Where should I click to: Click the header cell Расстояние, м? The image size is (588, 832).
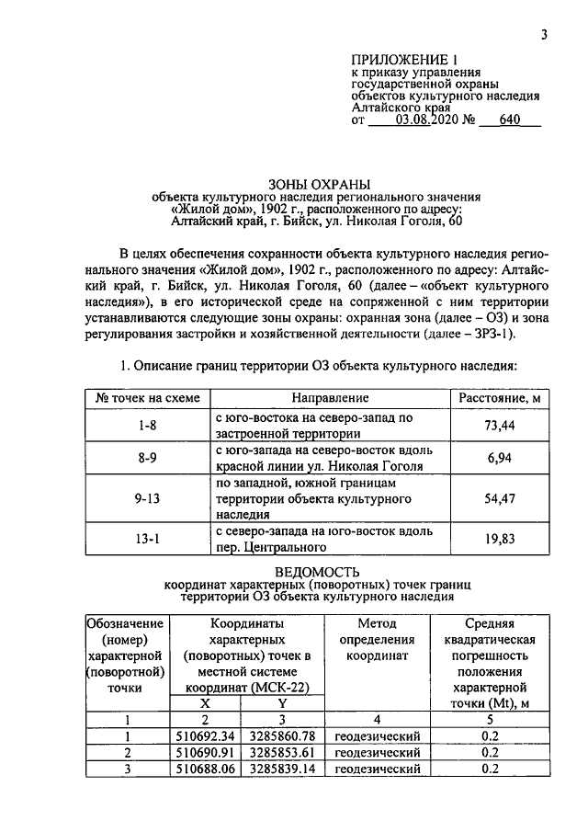pos(498,398)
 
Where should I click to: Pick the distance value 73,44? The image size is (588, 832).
pos(498,425)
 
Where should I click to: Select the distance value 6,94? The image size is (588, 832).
pos(498,458)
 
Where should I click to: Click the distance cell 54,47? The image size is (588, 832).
pos(498,498)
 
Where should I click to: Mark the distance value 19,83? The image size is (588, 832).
pos(498,540)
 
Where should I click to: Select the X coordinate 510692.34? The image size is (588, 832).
pos(207,736)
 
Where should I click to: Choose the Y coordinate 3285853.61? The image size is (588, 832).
pos(283,753)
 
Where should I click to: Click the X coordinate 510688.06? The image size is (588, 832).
pos(207,769)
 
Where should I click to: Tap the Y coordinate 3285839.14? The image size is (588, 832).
pos(283,769)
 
